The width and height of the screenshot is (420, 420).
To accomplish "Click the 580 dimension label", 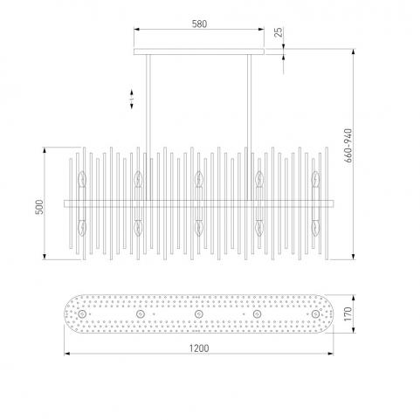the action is click(x=199, y=24).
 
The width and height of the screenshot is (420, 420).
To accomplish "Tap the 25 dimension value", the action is click(x=279, y=32).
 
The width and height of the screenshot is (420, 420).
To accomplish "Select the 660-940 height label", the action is click(x=348, y=146).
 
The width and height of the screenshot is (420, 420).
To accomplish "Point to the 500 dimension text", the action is click(x=39, y=207).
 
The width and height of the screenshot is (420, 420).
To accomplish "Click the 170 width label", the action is click(x=348, y=314).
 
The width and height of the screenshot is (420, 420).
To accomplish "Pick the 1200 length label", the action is click(x=199, y=348).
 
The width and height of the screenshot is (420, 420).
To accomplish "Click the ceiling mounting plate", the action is click(x=199, y=52).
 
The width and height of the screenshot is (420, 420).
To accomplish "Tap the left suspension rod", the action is click(x=148, y=127).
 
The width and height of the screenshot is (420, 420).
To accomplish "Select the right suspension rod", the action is click(x=249, y=127).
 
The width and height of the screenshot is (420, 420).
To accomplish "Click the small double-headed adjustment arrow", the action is click(x=132, y=100).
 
